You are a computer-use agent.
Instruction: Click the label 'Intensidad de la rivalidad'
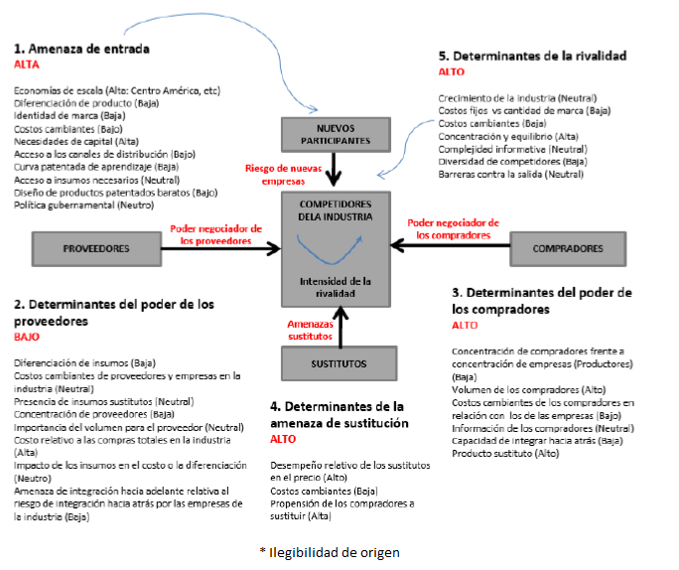point(339,287)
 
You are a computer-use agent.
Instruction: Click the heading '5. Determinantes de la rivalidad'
point(532,57)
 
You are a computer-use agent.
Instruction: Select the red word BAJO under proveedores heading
point(29,337)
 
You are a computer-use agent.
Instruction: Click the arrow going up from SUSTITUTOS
point(339,327)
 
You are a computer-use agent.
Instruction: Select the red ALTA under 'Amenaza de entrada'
point(28,63)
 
